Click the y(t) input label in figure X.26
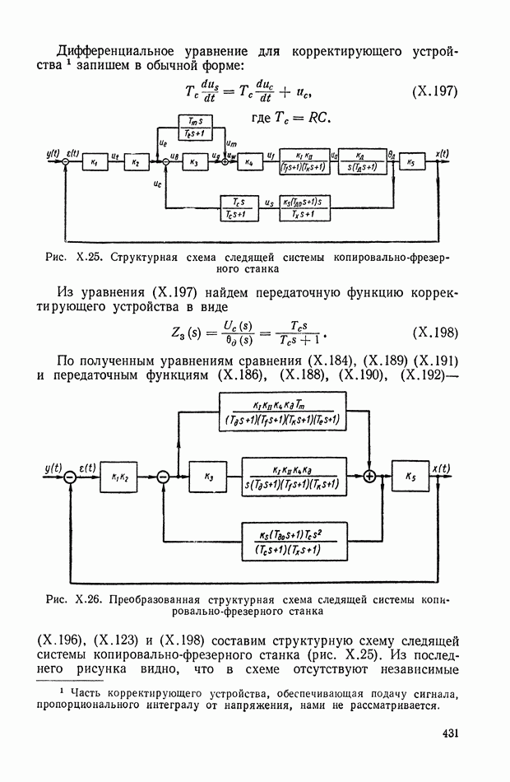tap(54, 468)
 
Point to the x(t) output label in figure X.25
tap(441, 154)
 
